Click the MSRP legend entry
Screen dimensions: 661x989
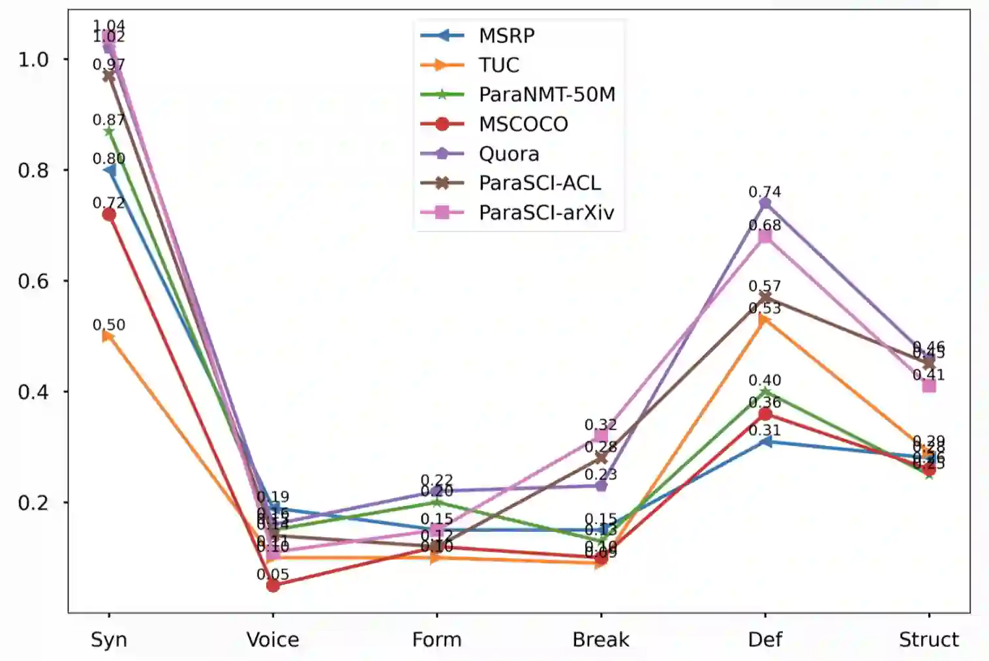[506, 35]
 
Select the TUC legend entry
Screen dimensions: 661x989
[498, 65]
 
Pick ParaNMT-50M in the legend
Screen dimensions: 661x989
[547, 95]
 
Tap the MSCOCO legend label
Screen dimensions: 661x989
[523, 124]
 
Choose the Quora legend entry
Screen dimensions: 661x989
[509, 154]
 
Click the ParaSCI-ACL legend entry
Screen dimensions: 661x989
[540, 183]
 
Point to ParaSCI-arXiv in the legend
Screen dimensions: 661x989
[546, 213]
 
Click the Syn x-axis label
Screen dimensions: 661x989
[108, 639]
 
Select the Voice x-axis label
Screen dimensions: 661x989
[273, 639]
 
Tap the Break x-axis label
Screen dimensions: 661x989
[601, 639]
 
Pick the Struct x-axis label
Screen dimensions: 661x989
[928, 639]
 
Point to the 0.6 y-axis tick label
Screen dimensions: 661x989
[33, 281]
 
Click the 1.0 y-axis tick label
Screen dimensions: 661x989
[33, 59]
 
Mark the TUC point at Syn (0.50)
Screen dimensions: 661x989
[108, 336]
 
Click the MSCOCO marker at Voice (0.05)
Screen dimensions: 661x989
[273, 585]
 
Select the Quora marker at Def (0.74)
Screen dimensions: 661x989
[765, 203]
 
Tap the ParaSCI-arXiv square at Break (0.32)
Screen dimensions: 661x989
[601, 435]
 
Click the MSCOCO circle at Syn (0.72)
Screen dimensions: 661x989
[108, 214]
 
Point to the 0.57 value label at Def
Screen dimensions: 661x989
[765, 286]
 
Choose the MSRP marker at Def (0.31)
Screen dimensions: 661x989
[765, 442]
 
